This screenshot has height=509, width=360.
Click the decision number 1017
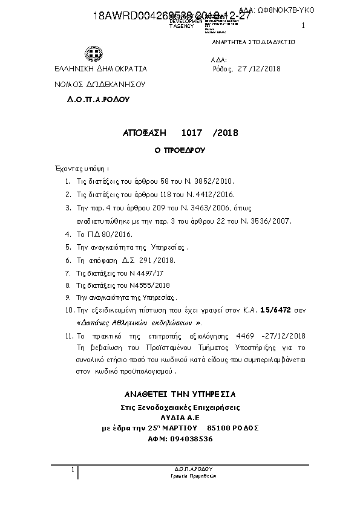[192, 132]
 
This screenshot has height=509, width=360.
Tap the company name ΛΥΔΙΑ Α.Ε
[179, 418]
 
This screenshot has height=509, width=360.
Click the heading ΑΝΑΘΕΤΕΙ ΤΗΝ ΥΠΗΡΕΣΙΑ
[179, 394]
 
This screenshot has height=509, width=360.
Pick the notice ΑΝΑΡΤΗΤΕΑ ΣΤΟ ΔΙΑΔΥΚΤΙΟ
[252, 43]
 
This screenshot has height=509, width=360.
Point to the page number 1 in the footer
[73, 470]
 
